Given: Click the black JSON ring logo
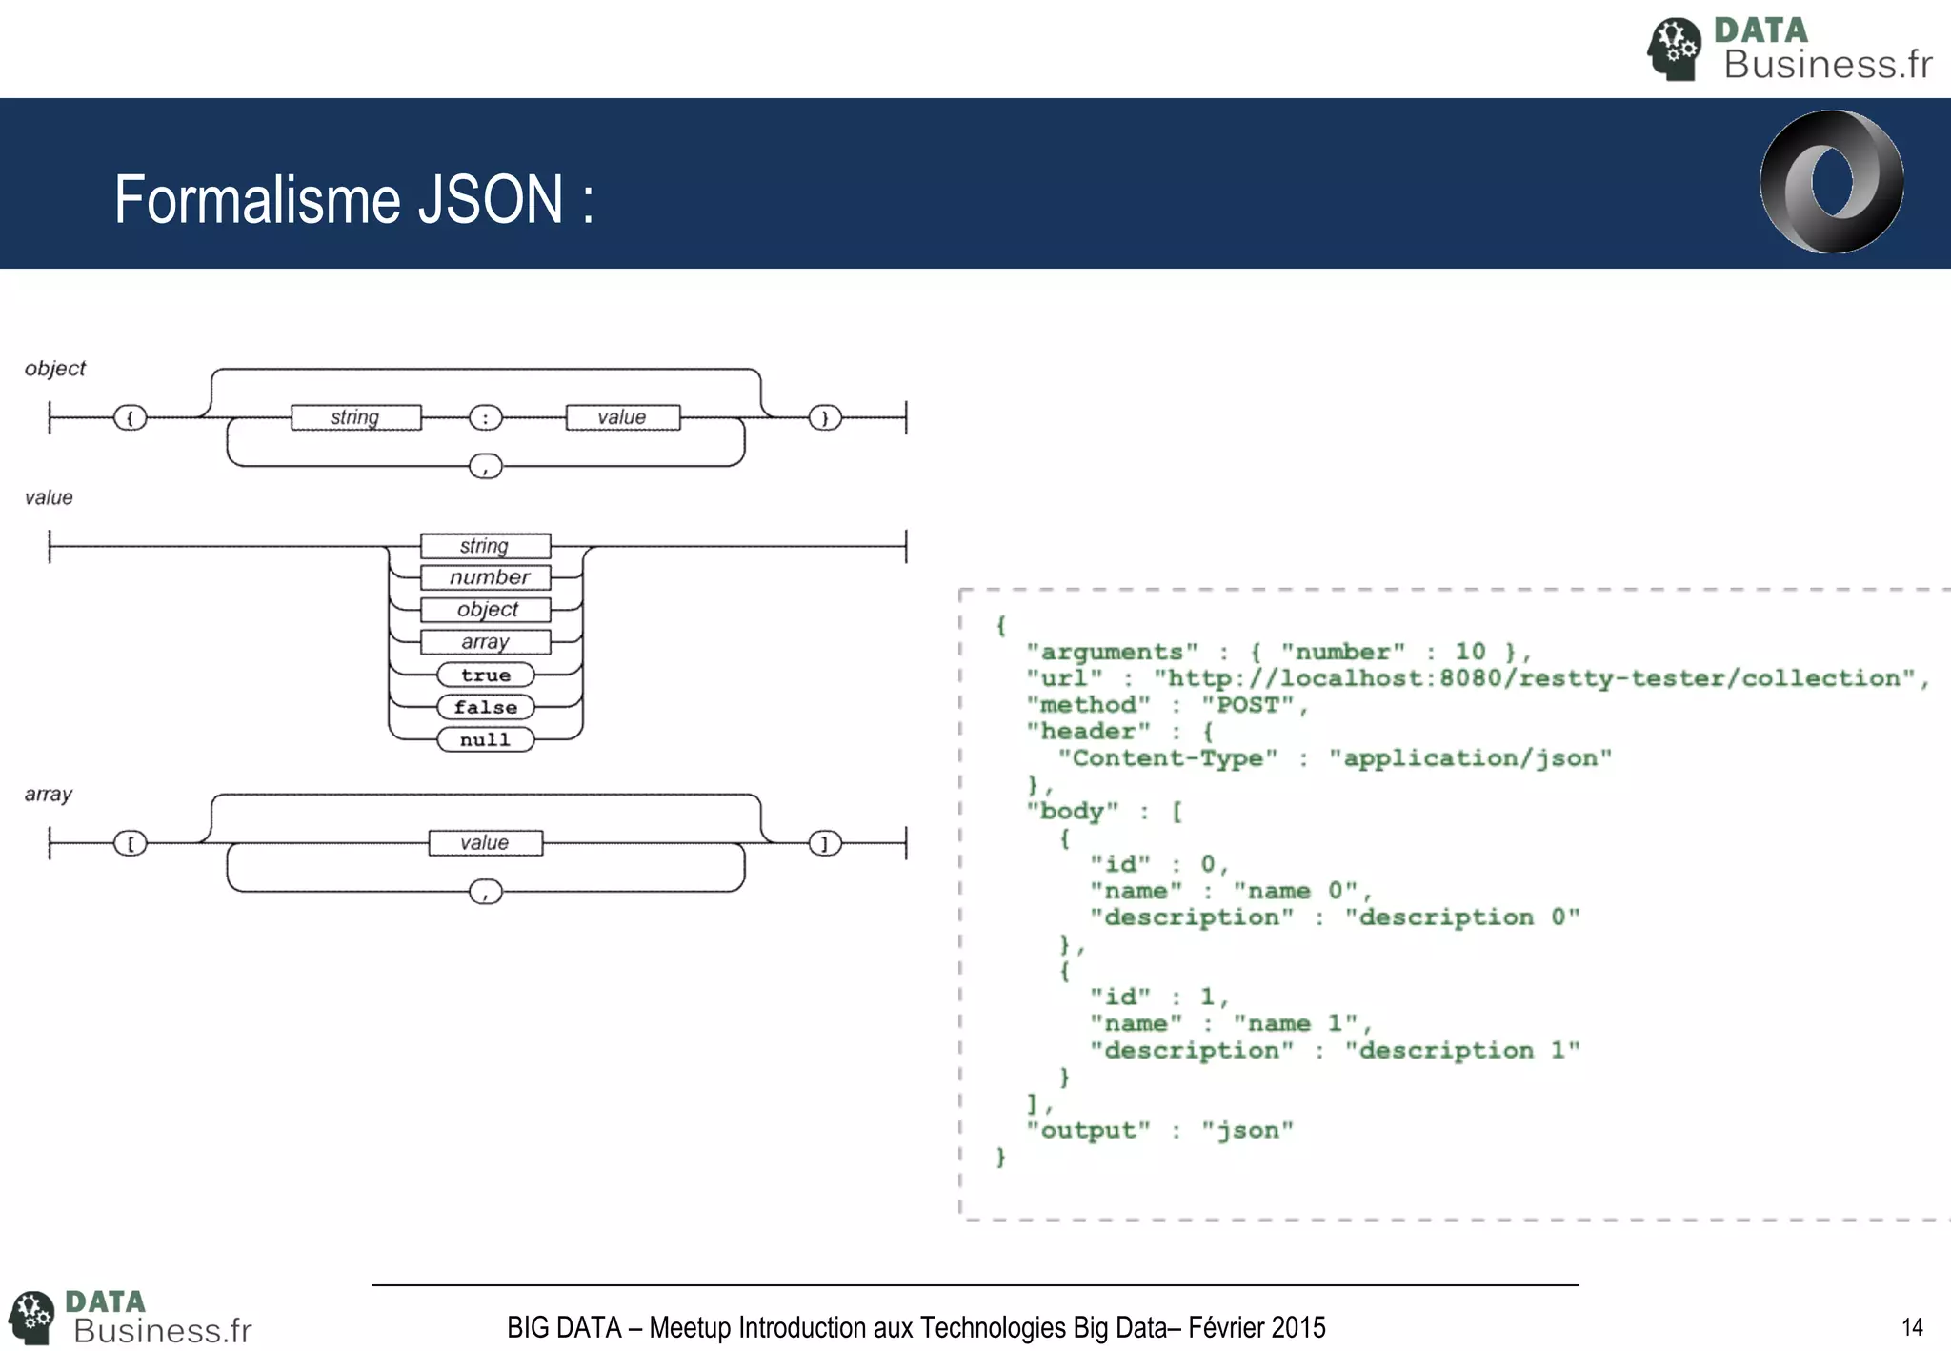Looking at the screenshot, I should tap(1831, 181).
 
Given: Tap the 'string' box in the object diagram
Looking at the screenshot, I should tap(355, 417).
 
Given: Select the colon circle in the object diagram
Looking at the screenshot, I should tap(485, 417).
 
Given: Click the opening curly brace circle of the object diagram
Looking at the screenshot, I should tap(131, 417).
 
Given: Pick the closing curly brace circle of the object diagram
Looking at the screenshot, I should tap(825, 417).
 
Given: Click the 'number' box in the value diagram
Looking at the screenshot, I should tap(486, 577).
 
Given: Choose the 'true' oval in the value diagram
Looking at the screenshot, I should tap(486, 675).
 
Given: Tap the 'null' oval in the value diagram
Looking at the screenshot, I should tap(486, 739).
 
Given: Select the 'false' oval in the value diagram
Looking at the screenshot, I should tap(486, 707).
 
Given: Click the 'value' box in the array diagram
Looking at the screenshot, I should tap(486, 843).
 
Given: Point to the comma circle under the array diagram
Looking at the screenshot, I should tap(486, 892).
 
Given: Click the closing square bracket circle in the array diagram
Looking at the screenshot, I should tap(825, 843).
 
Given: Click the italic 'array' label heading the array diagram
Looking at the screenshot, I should tap(48, 794).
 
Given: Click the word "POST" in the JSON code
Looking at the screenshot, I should tap(1247, 705).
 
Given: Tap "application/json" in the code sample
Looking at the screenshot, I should tap(1470, 758).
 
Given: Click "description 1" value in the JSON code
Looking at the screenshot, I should tap(1461, 1050).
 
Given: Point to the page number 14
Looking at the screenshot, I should tap(1911, 1327).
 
